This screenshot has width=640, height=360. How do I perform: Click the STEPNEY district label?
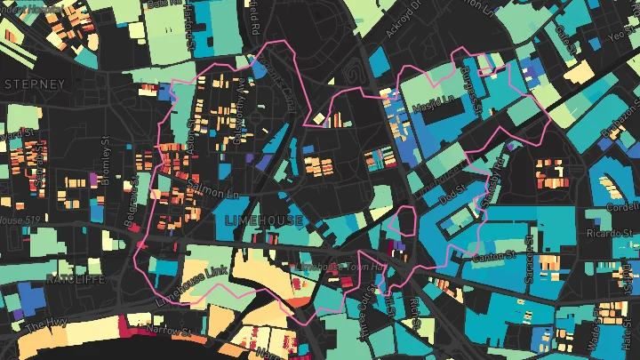tap(36, 84)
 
